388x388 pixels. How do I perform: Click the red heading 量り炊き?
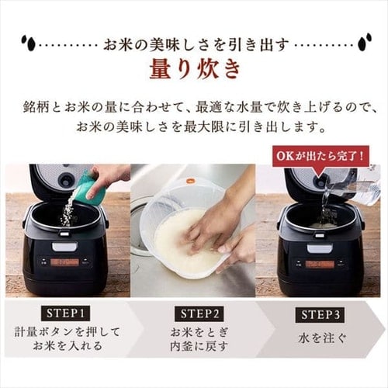[x=194, y=68]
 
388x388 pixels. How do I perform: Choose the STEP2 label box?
[x=193, y=315]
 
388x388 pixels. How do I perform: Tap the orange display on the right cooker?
[x=318, y=263]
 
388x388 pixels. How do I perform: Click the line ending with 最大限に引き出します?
[x=194, y=125]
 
